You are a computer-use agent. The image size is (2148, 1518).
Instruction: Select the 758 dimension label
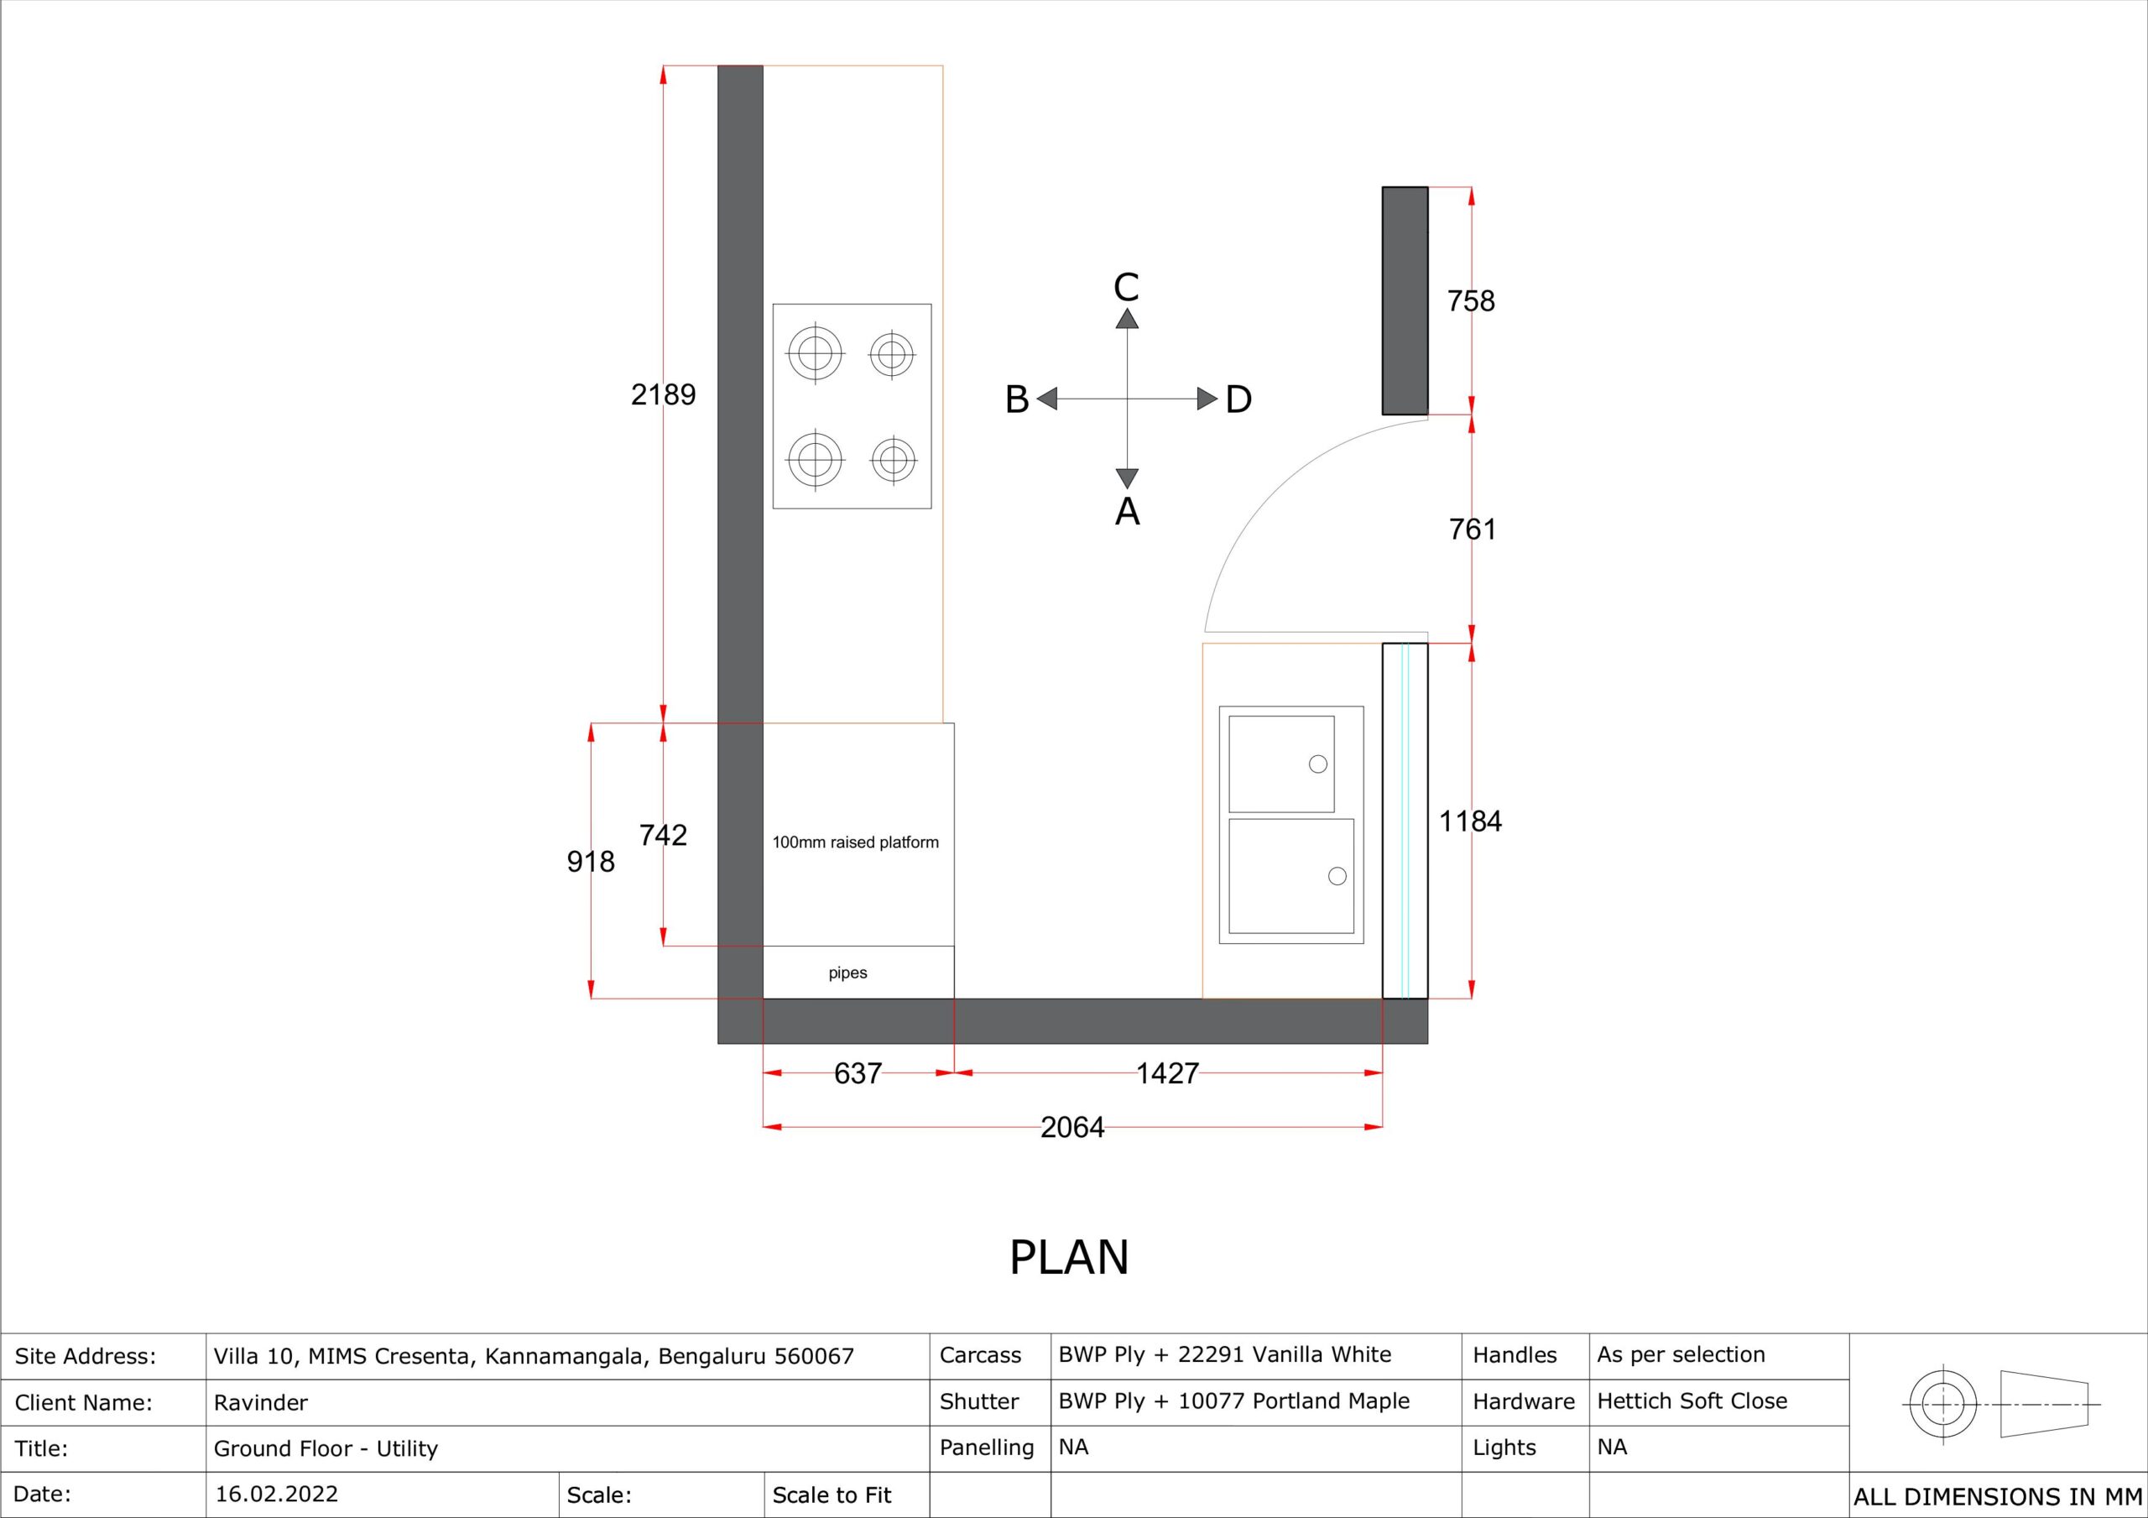pos(1471,301)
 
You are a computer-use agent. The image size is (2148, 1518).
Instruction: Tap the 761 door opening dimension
pos(1473,529)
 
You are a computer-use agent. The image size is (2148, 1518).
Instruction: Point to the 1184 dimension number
pos(1470,821)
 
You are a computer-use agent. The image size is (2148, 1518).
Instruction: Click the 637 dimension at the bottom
pos(858,1072)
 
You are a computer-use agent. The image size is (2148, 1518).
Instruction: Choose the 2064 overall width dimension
pos(1072,1127)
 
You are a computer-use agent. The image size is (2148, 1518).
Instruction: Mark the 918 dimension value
pos(591,861)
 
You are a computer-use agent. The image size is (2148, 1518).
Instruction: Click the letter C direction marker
pos(1126,287)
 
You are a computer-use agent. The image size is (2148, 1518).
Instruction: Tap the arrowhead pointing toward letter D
pos(1207,399)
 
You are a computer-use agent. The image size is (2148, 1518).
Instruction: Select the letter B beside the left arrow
pos(1017,399)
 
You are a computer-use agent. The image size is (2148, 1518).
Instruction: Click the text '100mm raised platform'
pos(855,842)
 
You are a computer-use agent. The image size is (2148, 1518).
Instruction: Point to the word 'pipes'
pos(847,973)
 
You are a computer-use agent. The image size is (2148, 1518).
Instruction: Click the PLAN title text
pos(1069,1257)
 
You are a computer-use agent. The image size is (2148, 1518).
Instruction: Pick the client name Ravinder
pos(261,1403)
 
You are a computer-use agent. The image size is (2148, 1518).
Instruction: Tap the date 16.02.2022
pos(277,1494)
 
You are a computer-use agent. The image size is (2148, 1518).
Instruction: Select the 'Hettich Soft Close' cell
pos(1692,1401)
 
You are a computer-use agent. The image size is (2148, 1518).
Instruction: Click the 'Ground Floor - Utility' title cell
pos(326,1448)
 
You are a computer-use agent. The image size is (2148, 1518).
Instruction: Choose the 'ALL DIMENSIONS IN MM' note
pos(1997,1496)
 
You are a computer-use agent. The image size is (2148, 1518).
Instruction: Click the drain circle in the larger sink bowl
pos(1337,876)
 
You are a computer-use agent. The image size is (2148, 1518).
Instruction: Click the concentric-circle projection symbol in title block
pos(1943,1405)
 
